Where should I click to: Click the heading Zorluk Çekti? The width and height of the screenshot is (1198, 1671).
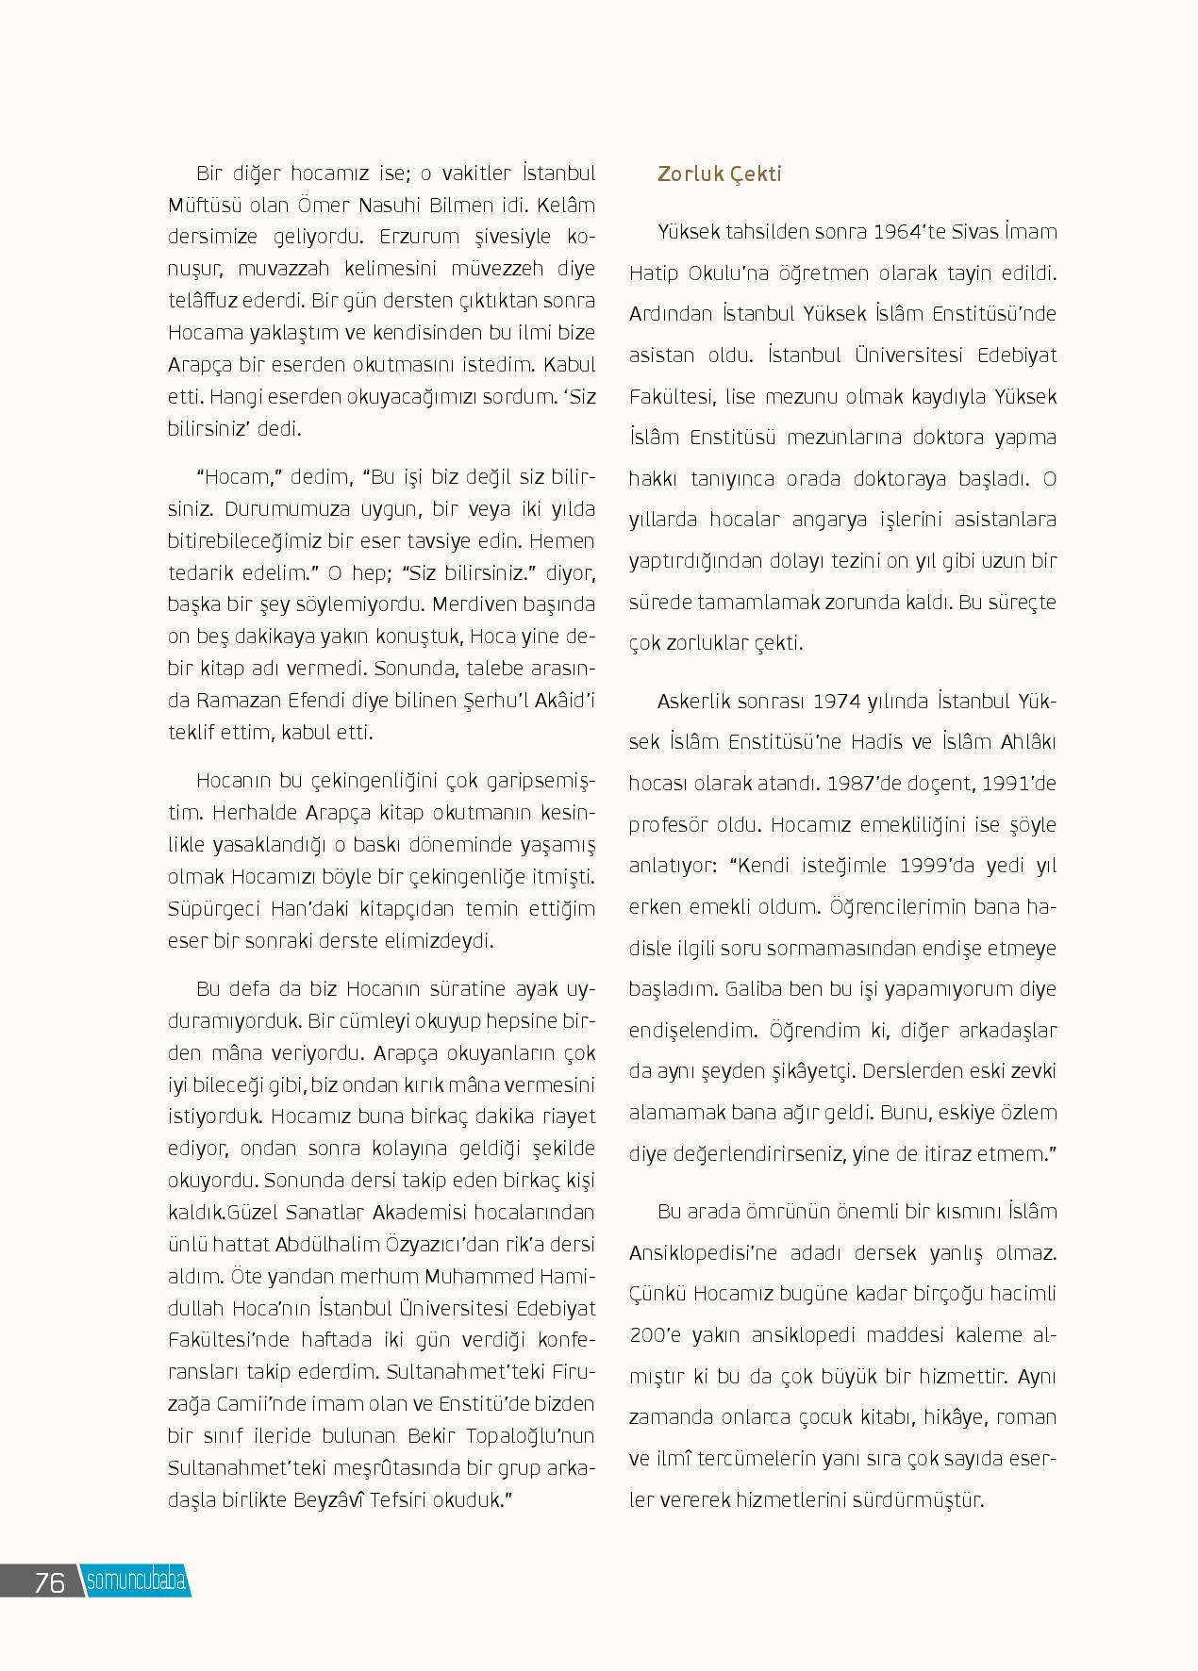click(720, 174)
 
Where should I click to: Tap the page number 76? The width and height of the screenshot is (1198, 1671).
click(49, 1581)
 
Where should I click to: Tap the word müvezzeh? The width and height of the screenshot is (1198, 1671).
click(489, 269)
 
